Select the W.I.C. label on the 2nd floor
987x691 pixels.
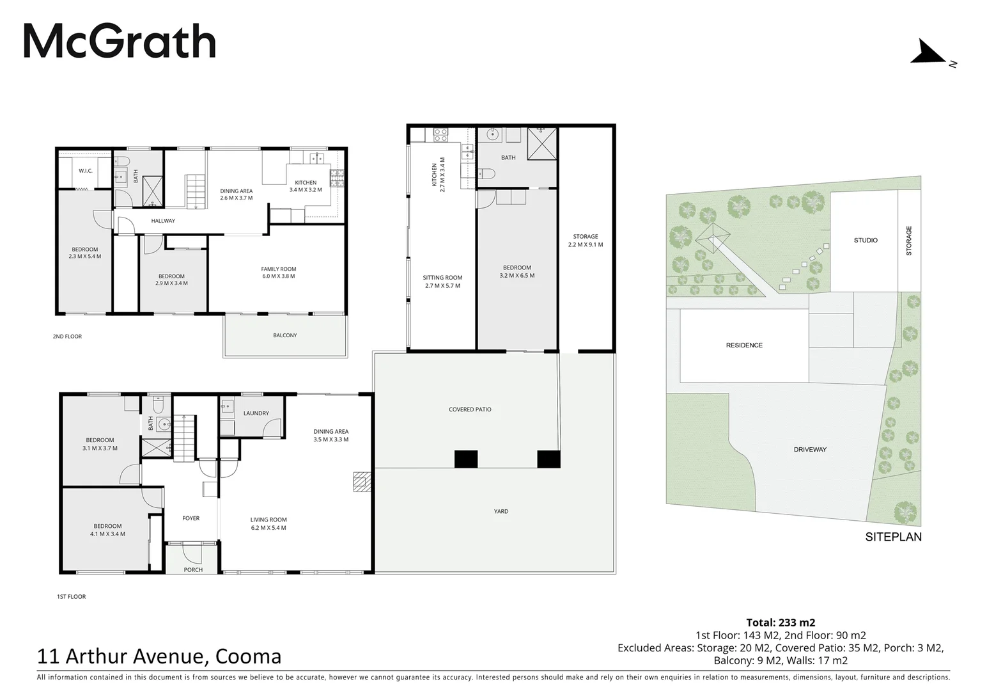click(86, 171)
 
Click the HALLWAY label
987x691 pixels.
click(163, 221)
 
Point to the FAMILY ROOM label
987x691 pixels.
click(279, 269)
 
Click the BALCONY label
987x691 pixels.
click(285, 335)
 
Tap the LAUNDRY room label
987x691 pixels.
click(256, 413)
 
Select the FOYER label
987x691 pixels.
click(190, 518)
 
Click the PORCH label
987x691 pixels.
click(193, 569)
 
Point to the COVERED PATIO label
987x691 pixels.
click(470, 409)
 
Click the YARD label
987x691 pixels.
click(501, 511)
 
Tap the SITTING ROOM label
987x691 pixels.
click(442, 278)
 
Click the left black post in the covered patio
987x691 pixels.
click(466, 459)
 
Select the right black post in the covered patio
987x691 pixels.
click(548, 459)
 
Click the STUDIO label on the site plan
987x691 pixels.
click(866, 241)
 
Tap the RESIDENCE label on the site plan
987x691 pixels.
click(744, 345)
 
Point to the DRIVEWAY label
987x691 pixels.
click(810, 449)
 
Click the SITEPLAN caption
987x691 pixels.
click(893, 537)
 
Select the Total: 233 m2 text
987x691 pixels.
click(781, 622)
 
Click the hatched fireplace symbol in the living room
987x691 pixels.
click(362, 482)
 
